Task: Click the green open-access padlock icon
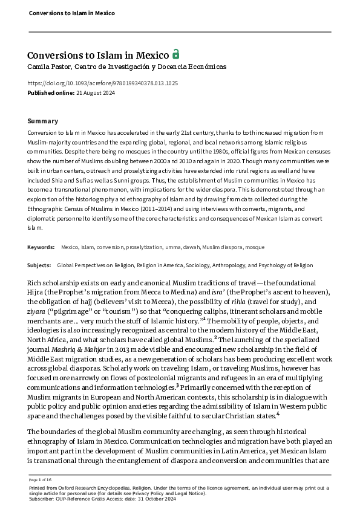175,53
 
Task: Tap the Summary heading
43,121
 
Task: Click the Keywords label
41,247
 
